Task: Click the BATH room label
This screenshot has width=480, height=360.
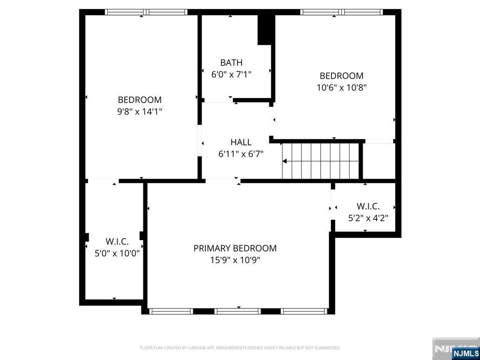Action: (231, 62)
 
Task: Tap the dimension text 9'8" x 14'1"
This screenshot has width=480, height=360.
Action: (140, 112)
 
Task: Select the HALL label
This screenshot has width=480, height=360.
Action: (241, 142)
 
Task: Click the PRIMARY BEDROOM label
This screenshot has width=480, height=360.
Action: (235, 248)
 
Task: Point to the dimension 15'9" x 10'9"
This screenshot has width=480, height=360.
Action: (235, 260)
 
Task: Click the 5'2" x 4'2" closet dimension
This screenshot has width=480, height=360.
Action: (368, 218)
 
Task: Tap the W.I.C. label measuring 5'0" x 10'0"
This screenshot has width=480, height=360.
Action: (117, 241)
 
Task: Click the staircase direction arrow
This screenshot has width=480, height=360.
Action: (285, 161)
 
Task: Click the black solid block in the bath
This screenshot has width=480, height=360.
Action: (265, 30)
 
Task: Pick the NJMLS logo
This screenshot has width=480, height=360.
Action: (465, 353)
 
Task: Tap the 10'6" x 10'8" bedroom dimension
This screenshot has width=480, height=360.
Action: (341, 87)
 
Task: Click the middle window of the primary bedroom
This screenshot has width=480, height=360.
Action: (238, 311)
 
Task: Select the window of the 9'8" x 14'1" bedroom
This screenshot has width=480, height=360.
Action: (146, 12)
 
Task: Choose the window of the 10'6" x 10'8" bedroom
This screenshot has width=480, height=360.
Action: (341, 12)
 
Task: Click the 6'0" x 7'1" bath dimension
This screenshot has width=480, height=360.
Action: (232, 74)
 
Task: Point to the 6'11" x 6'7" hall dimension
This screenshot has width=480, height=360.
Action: (241, 154)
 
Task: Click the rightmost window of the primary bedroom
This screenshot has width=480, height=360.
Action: (304, 311)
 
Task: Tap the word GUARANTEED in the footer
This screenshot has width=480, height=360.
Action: (327, 348)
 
